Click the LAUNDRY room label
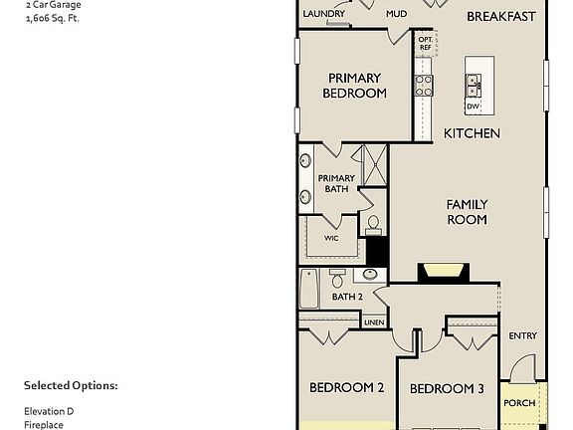[x=324, y=14]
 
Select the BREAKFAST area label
[x=500, y=16]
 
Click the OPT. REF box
[x=426, y=44]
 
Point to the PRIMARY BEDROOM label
[x=354, y=86]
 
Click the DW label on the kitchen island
[x=473, y=107]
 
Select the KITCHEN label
[x=472, y=133]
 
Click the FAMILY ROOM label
[x=467, y=211]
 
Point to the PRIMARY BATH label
[x=336, y=183]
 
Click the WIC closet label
[x=331, y=239]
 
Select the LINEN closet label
[x=374, y=322]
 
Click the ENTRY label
[x=523, y=336]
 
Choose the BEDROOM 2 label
[x=346, y=388]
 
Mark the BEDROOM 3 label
[x=447, y=388]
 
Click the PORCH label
[x=519, y=403]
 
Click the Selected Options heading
[x=71, y=385]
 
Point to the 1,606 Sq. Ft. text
[x=53, y=18]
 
